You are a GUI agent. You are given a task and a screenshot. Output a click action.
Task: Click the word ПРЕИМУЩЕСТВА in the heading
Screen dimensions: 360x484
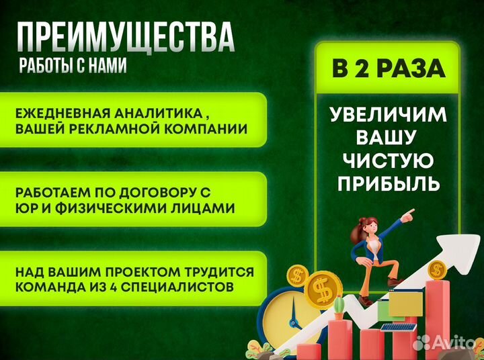pyautogui.click(x=125, y=36)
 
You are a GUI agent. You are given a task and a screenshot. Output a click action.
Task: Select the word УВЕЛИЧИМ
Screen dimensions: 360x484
pyautogui.click(x=389, y=115)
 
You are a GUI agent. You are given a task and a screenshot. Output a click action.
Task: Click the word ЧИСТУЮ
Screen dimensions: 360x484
pyautogui.click(x=389, y=160)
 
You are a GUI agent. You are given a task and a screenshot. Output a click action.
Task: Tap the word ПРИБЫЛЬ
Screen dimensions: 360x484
pyautogui.click(x=389, y=183)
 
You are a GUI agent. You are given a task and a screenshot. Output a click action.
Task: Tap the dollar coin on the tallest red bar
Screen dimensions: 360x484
pyautogui.click(x=437, y=271)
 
